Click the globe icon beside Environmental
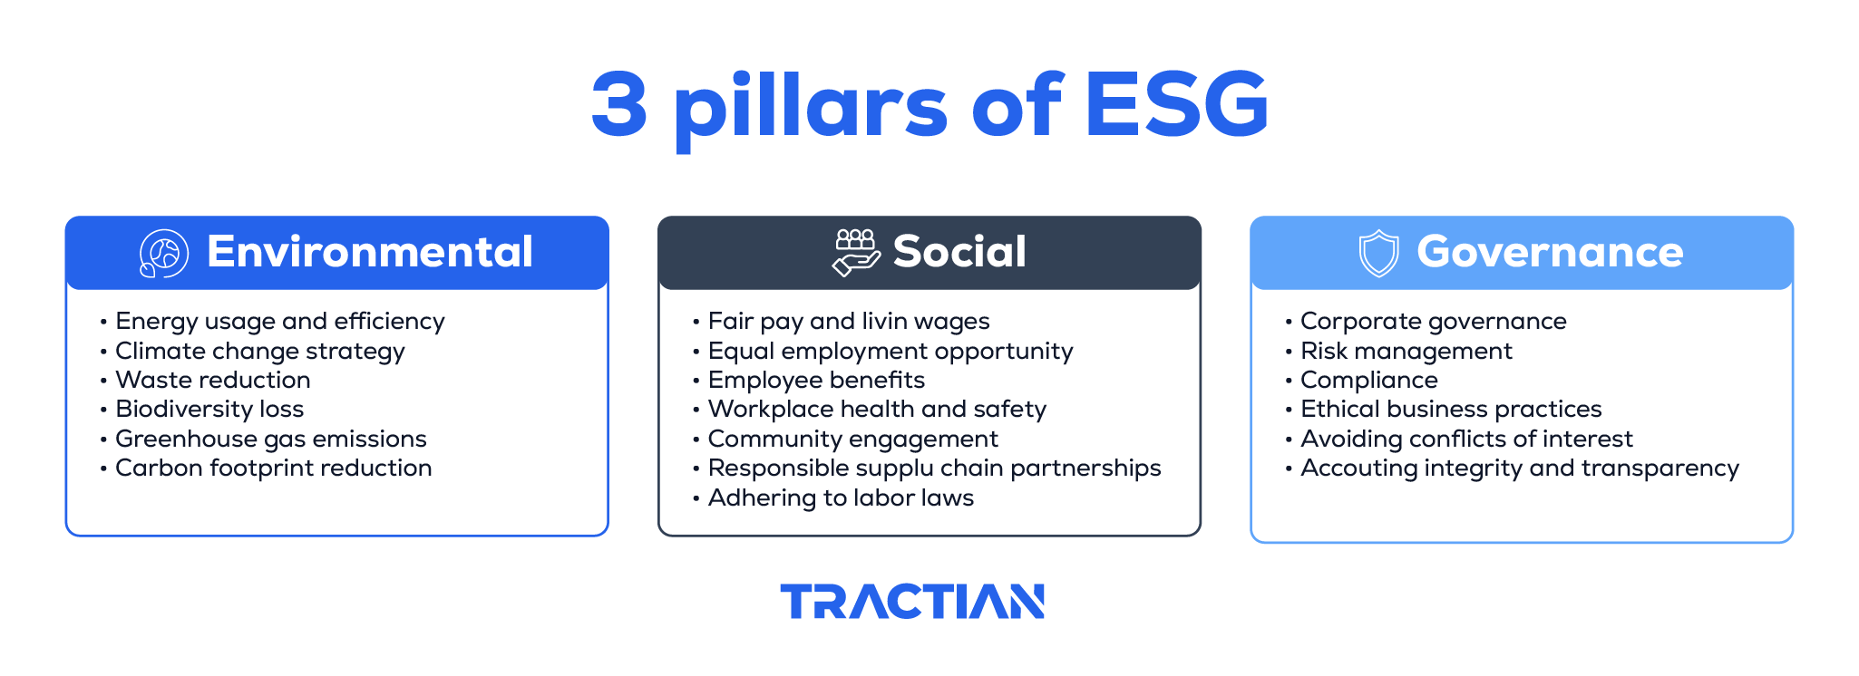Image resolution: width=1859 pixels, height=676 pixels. coord(163,253)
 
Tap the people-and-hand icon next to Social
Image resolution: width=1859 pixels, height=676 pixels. coord(855,252)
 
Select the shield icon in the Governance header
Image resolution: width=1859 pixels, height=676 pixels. coord(1378,253)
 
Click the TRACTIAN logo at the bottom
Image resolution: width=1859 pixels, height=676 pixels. coord(912,602)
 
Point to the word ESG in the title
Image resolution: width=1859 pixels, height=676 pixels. coord(1176,105)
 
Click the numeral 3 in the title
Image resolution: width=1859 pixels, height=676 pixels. coord(619,105)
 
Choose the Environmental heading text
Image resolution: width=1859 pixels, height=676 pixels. coord(369,252)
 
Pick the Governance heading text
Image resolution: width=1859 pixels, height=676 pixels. coord(1549,252)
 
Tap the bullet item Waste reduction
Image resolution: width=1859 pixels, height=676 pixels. coord(212,380)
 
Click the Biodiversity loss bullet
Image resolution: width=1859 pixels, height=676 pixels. coord(209,409)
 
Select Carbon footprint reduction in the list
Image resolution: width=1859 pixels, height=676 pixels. coord(273,468)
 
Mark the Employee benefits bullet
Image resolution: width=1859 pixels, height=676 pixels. coord(816,380)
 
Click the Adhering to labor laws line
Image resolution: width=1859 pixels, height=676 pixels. coord(841,497)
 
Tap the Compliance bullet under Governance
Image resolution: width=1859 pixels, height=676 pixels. coord(1368,380)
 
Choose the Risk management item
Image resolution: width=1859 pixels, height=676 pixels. coord(1406,351)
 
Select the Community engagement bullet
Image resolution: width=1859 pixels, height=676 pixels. coord(852,439)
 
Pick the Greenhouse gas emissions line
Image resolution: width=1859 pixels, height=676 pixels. coord(270,439)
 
